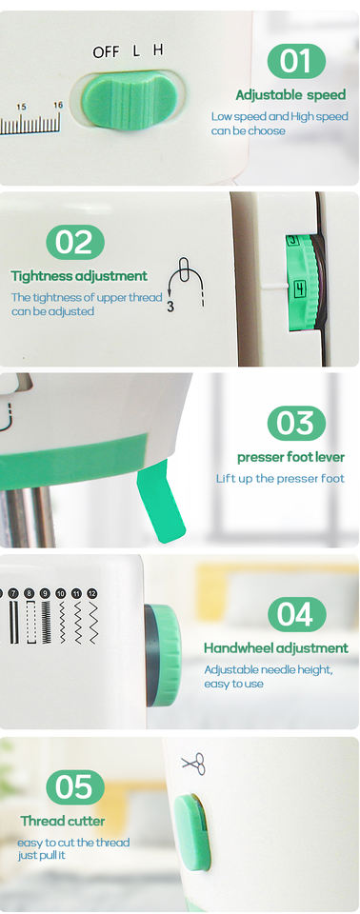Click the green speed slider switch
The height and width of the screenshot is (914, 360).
130,100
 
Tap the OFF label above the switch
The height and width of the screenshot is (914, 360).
106,51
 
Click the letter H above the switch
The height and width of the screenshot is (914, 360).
158,50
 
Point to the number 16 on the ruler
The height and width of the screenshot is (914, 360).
58,105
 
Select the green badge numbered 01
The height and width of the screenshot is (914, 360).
296,61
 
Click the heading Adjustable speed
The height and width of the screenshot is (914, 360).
290,94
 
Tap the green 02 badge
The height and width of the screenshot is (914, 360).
75,243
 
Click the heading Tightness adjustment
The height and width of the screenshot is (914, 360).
79,275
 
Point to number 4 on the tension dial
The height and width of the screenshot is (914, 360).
299,288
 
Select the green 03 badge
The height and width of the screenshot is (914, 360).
296,423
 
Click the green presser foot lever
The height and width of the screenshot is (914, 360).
160,500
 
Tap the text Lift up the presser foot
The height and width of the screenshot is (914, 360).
280,479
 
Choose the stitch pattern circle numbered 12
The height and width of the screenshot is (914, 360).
91,593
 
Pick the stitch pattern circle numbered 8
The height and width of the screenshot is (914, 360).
30,593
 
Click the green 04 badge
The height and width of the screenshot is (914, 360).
296,614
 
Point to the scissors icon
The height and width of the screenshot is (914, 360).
194,763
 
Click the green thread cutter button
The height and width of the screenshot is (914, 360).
192,832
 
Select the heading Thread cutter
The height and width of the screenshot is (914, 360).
63,821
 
